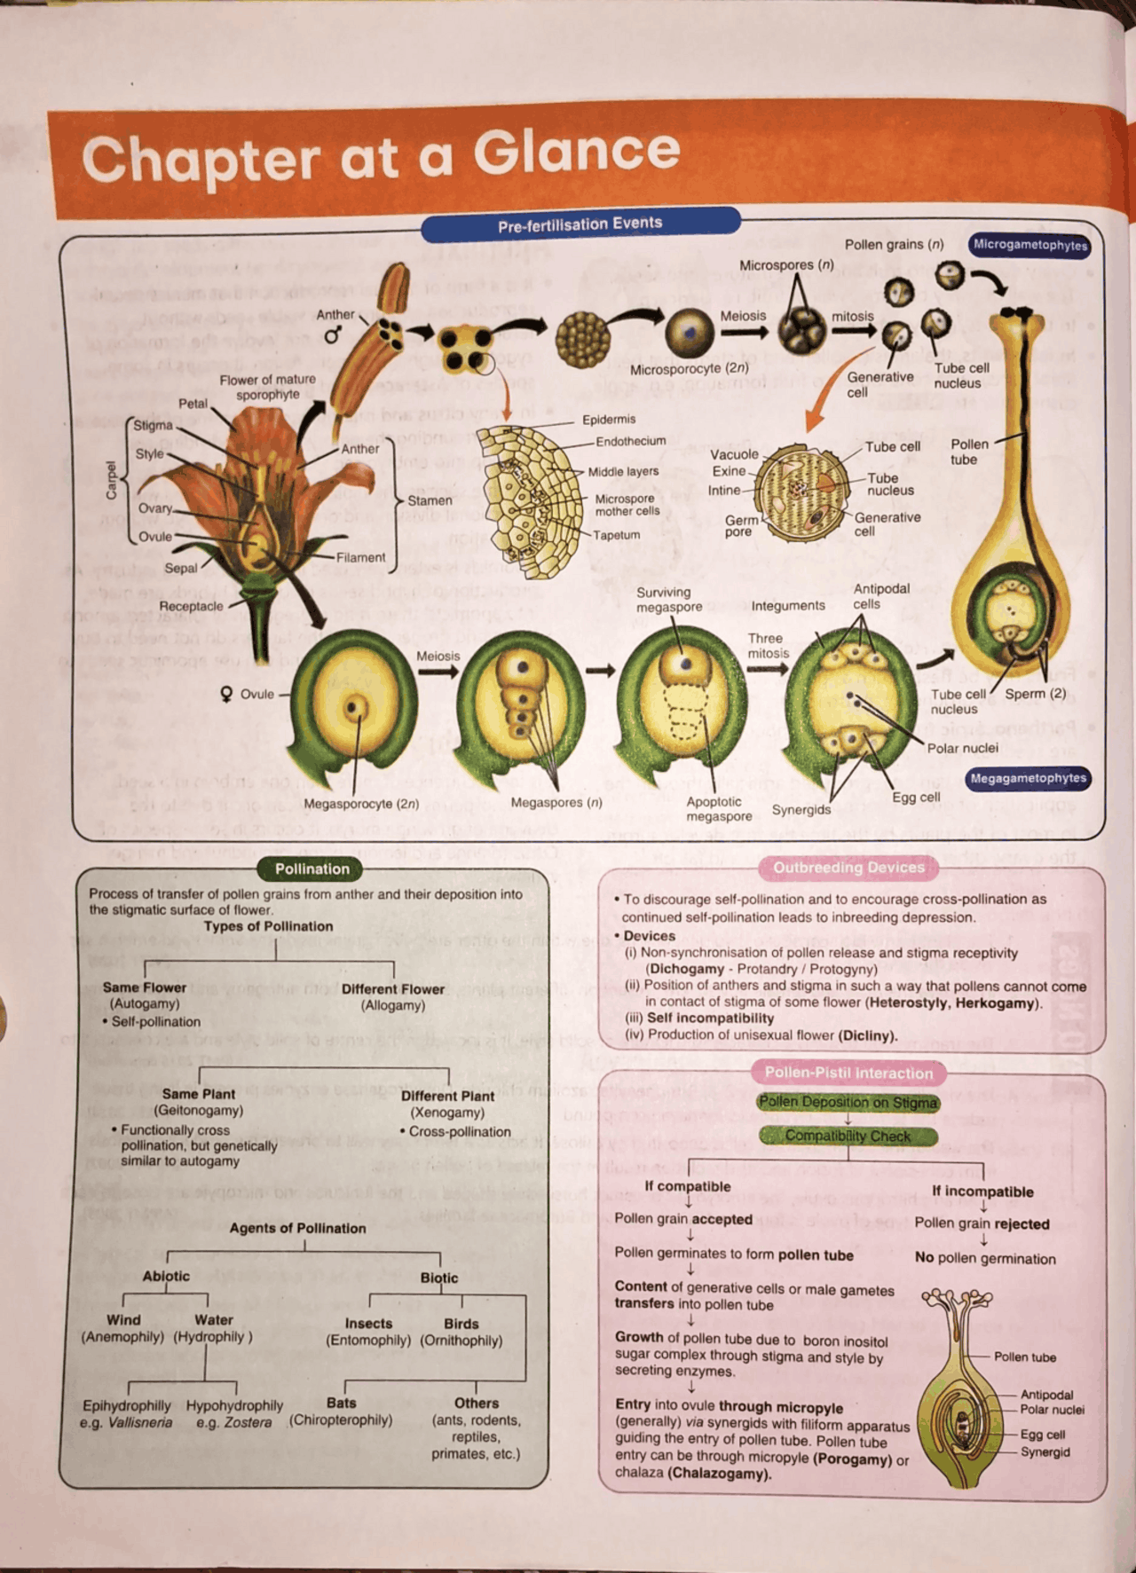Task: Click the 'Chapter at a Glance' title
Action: (x=382, y=156)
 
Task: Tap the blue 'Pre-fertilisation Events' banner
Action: (x=580, y=224)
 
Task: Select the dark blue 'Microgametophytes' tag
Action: (x=1029, y=245)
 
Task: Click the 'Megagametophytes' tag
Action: (x=1028, y=778)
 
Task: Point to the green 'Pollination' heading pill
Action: (x=312, y=869)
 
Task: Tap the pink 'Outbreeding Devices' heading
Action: (x=848, y=868)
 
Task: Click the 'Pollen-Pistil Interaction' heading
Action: (x=848, y=1073)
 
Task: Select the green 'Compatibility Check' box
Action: (x=848, y=1136)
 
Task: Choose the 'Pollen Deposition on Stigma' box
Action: (x=848, y=1102)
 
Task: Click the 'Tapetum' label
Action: (x=616, y=535)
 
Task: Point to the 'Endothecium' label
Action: (x=630, y=441)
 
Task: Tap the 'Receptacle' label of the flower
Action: (x=191, y=606)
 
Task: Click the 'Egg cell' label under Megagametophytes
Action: (x=916, y=797)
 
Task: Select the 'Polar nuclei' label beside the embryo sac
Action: (x=962, y=748)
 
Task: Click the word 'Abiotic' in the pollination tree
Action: (x=166, y=1276)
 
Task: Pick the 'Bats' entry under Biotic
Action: (x=341, y=1403)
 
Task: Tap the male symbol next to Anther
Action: (x=333, y=335)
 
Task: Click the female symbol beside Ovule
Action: (x=227, y=694)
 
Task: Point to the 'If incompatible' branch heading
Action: (x=982, y=1192)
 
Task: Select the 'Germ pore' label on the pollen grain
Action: (x=741, y=526)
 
